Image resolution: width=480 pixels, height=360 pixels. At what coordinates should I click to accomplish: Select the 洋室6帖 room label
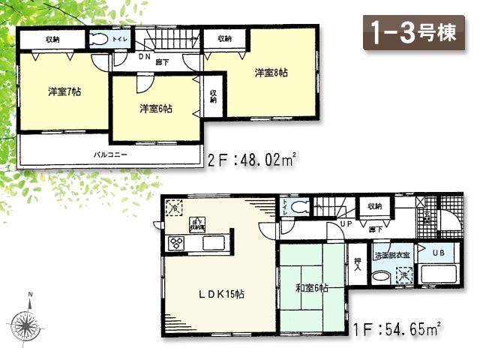[x=155, y=109]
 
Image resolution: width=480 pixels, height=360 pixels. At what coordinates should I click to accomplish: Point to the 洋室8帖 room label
[x=271, y=73]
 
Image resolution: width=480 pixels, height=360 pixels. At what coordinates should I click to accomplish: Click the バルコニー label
[x=110, y=154]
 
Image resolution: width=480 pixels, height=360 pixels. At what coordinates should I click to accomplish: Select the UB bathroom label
[x=439, y=253]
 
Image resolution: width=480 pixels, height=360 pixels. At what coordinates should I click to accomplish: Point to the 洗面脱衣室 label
[x=392, y=255]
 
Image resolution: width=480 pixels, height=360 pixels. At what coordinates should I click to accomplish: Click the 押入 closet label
[x=358, y=265]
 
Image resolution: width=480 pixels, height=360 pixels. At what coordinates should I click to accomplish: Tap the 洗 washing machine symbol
[x=402, y=276]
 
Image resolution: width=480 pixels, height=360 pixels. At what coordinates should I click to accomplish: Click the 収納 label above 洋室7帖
[x=52, y=39]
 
